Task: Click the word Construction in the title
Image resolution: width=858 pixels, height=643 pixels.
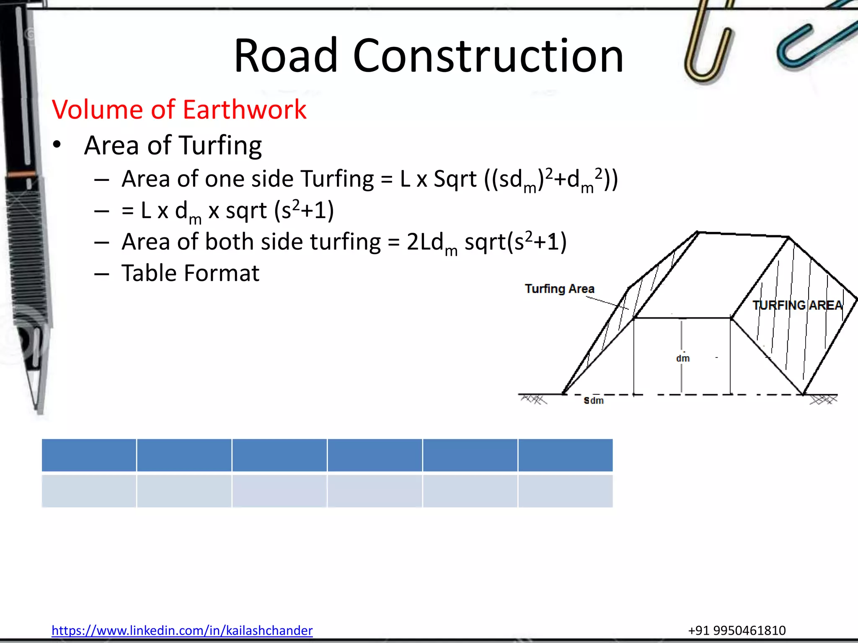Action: point(488,56)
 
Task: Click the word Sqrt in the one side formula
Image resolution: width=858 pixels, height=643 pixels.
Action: point(455,179)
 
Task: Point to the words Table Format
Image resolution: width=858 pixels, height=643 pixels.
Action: point(190,273)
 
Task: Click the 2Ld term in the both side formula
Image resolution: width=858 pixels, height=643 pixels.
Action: point(425,242)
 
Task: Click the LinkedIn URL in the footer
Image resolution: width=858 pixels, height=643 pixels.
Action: point(182,630)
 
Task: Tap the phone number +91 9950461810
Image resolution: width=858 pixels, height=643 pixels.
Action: point(737,630)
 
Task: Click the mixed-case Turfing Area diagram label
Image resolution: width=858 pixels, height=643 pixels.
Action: point(559,289)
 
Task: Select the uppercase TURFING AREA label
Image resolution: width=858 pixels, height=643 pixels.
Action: point(797,305)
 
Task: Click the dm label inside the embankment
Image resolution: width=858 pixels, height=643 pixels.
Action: point(682,358)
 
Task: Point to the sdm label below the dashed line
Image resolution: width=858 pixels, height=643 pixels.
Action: point(594,401)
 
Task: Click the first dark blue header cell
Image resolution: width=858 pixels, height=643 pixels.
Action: point(89,455)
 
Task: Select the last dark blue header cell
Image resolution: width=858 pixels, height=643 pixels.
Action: point(566,455)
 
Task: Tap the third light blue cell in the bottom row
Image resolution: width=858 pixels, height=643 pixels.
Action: point(279,491)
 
